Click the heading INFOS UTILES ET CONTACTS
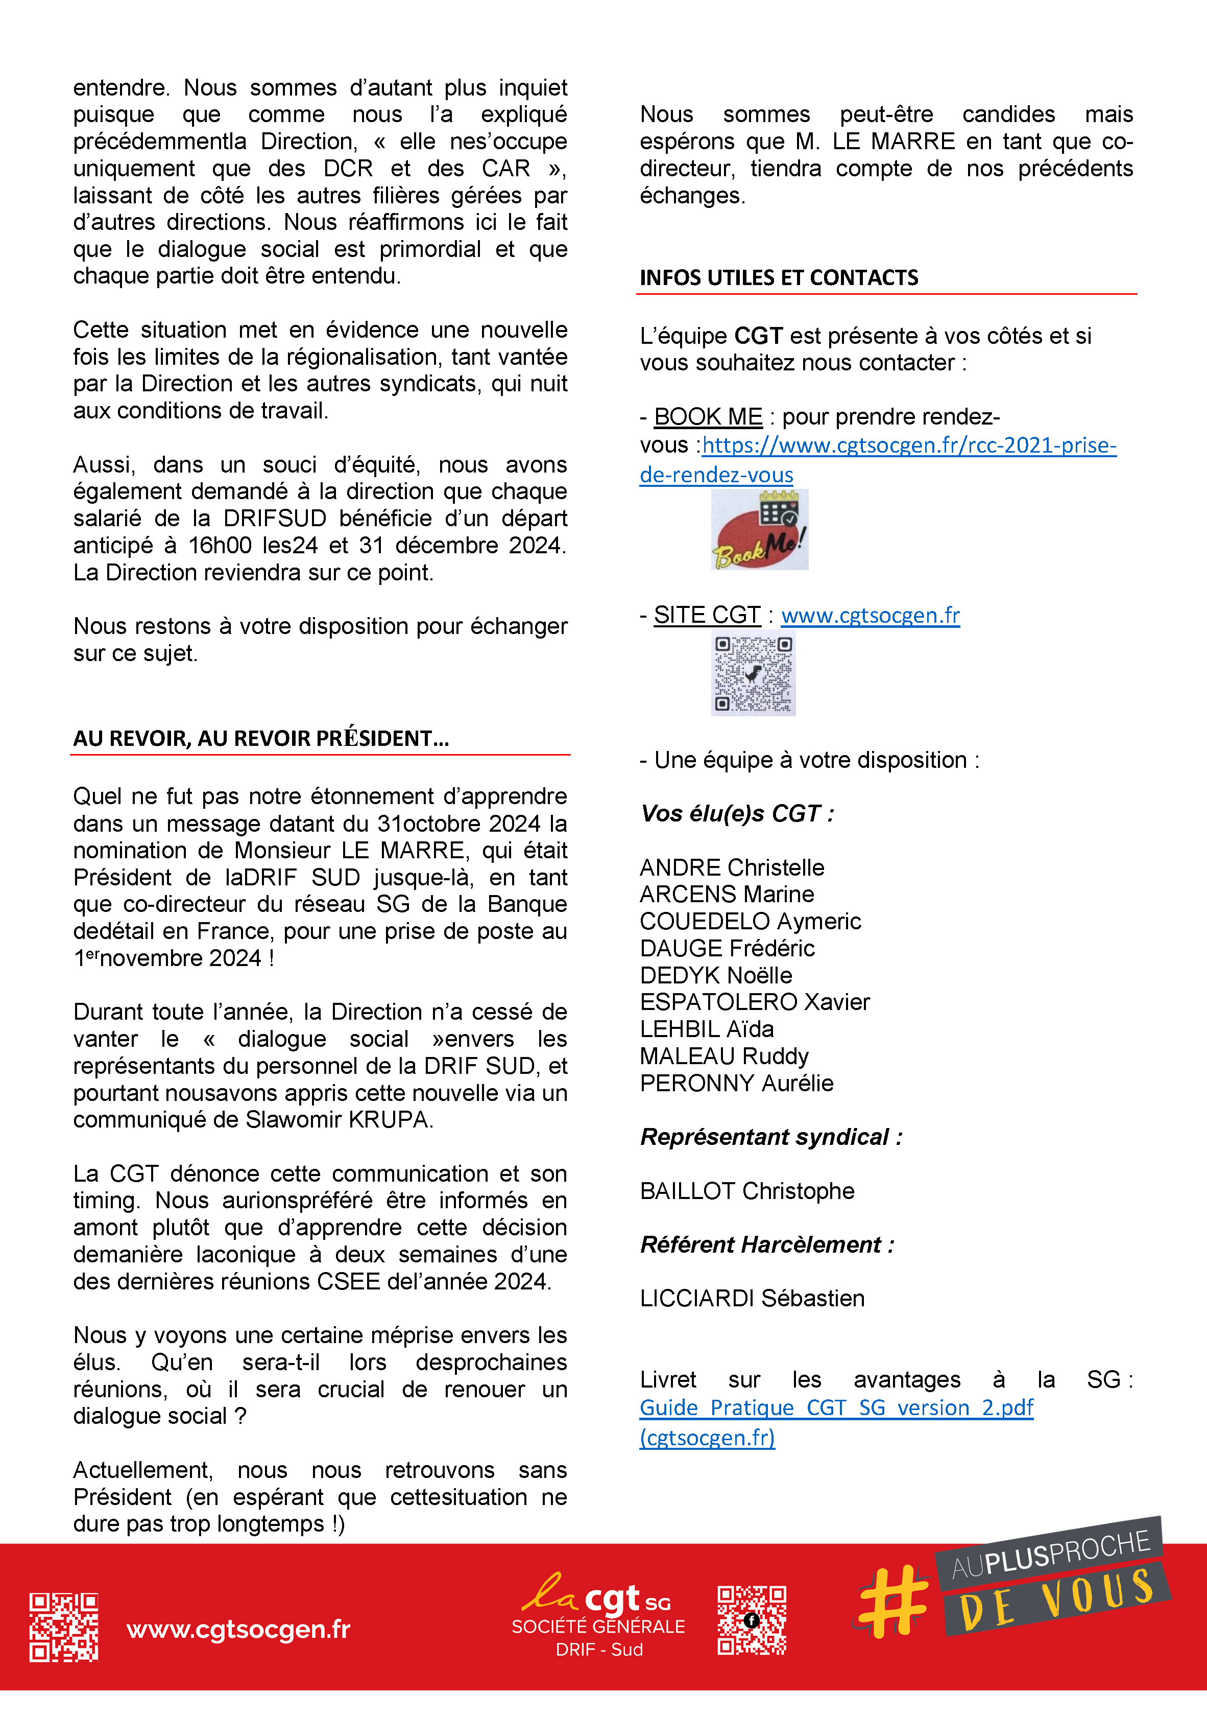point(779,278)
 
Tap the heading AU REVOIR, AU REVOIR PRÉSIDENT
point(260,738)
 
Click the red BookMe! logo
point(759,530)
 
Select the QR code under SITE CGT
point(753,673)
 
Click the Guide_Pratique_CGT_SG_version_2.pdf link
point(836,1408)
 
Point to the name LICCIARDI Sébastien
point(752,1298)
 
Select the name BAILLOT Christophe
point(746,1191)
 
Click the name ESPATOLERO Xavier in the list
point(754,1002)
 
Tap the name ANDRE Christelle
point(732,867)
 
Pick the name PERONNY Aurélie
point(736,1083)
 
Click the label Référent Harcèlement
point(766,1244)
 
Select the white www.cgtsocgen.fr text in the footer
point(238,1628)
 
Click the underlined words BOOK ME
point(708,417)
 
